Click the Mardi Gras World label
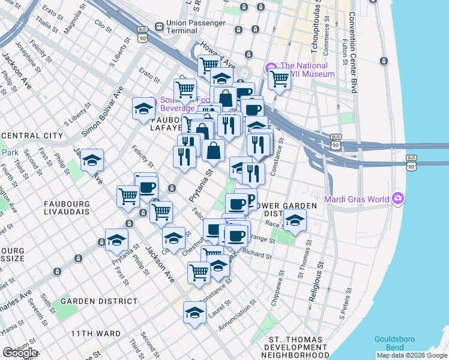click(x=358, y=199)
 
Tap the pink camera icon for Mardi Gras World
click(x=397, y=199)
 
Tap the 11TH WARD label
click(x=95, y=334)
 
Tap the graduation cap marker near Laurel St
click(x=194, y=313)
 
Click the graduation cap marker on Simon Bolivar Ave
click(x=143, y=109)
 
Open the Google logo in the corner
click(x=20, y=353)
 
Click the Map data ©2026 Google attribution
click(x=411, y=355)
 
